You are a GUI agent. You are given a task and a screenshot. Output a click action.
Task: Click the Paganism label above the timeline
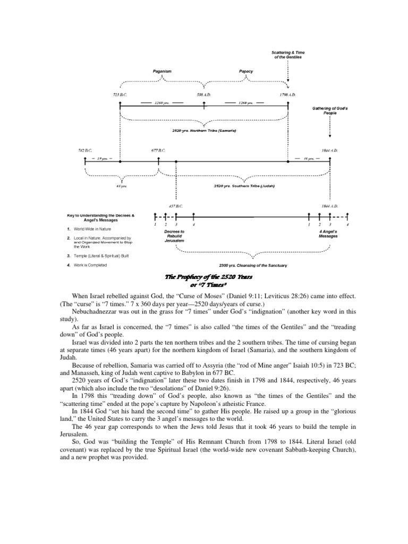pyautogui.click(x=161, y=71)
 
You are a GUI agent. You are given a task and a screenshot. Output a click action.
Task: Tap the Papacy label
pyautogui.click(x=246, y=71)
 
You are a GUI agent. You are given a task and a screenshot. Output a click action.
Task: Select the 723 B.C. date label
pyautogui.click(x=120, y=95)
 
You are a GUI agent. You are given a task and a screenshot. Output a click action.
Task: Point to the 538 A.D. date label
pyautogui.click(x=204, y=95)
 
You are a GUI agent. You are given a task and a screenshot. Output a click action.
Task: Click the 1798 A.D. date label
pyautogui.click(x=288, y=95)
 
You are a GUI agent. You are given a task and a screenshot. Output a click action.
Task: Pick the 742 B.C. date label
pyautogui.click(x=85, y=150)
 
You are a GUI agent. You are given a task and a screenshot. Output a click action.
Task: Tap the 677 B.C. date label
pyautogui.click(x=158, y=150)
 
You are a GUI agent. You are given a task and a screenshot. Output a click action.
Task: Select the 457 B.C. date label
pyautogui.click(x=176, y=206)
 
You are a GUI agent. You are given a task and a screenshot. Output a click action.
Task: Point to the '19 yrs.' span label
pyautogui.click(x=102, y=159)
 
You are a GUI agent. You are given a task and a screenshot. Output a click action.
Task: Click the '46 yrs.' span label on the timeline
pyautogui.click(x=310, y=159)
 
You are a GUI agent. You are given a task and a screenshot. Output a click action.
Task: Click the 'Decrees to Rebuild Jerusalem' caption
pyautogui.click(x=174, y=236)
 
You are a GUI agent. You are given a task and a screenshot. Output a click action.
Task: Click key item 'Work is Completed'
pyautogui.click(x=90, y=265)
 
